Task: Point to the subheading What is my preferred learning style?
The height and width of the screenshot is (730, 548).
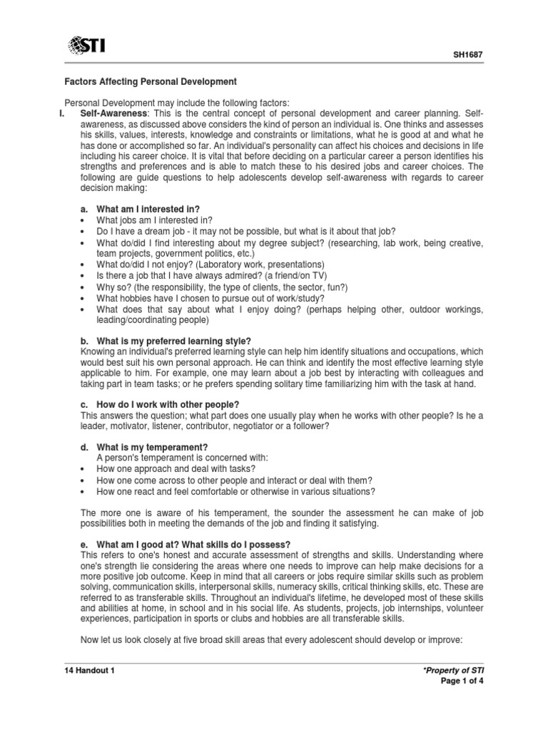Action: coord(166,341)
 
